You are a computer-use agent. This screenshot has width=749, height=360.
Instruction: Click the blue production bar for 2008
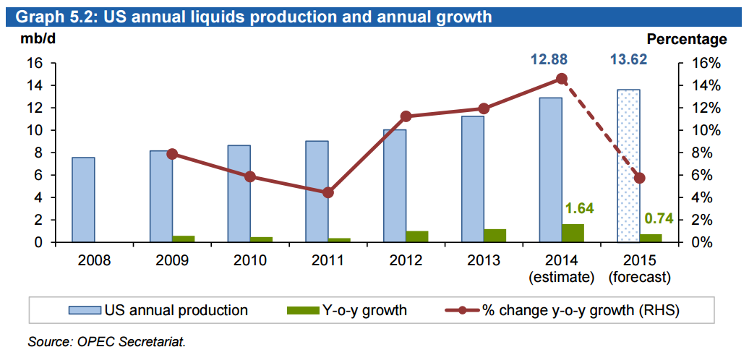coord(83,200)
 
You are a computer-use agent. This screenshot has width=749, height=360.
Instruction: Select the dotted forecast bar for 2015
coord(628,166)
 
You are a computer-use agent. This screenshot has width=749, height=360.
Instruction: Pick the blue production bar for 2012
coord(394,186)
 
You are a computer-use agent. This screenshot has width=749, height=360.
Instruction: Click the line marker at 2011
coord(328,192)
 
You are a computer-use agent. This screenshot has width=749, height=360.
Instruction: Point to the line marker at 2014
coord(562,79)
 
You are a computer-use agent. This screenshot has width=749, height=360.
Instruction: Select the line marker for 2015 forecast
coord(639,178)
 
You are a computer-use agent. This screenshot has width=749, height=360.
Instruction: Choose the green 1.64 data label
coord(578,209)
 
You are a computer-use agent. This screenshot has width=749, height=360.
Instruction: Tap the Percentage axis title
coord(686,40)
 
